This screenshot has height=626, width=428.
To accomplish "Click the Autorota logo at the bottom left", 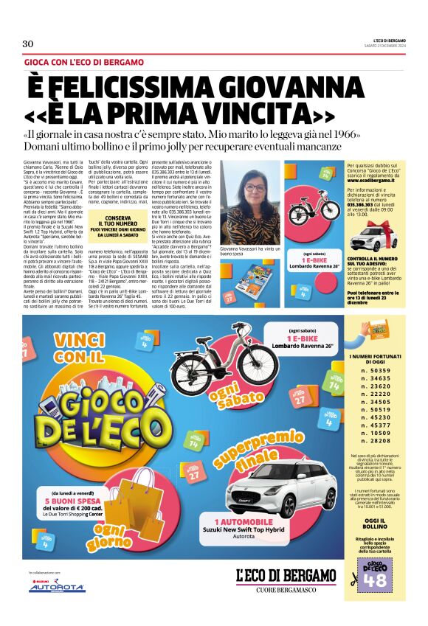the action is [57, 587].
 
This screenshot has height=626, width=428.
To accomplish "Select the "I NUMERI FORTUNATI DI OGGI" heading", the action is [376, 364].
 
